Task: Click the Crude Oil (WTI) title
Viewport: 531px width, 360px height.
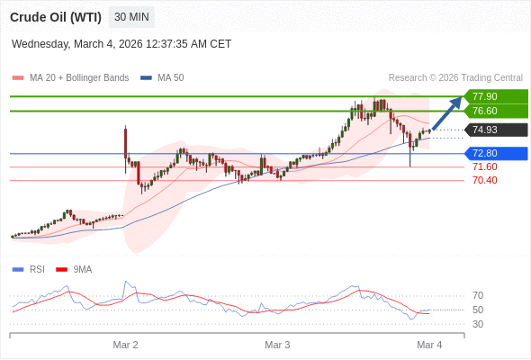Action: [x=55, y=17]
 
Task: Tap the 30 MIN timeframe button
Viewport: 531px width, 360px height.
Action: [x=131, y=17]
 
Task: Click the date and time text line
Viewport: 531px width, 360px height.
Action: [x=121, y=43]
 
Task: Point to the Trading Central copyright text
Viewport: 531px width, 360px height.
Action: [x=455, y=77]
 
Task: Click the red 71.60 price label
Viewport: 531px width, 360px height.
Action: [x=484, y=166]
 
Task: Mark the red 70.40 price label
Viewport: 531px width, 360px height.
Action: [x=484, y=180]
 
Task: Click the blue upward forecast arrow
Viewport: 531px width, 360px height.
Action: [x=447, y=113]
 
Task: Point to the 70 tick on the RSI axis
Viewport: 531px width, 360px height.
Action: [x=478, y=295]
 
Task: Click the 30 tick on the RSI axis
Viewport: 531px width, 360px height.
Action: [x=478, y=324]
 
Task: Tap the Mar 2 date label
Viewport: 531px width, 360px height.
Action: [x=125, y=345]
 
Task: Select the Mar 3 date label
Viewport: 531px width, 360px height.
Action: [x=277, y=345]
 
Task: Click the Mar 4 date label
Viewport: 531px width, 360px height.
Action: [x=429, y=345]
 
